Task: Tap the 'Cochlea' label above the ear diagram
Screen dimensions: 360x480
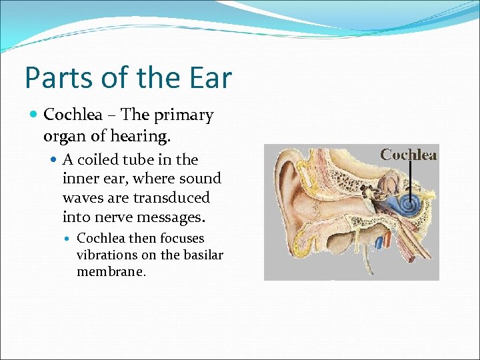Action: coord(408,155)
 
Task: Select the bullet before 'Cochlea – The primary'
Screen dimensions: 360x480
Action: coord(35,115)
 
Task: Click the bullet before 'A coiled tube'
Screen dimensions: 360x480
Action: coord(54,160)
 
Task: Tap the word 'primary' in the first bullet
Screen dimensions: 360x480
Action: coord(184,115)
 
